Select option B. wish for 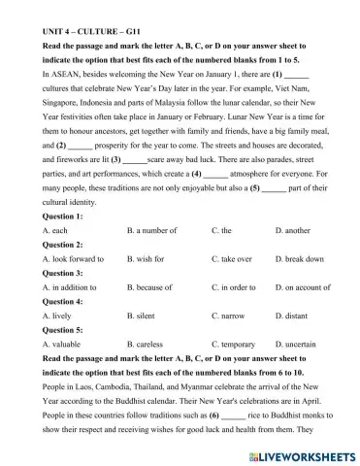[x=147, y=259]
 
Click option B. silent [x=141, y=316]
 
